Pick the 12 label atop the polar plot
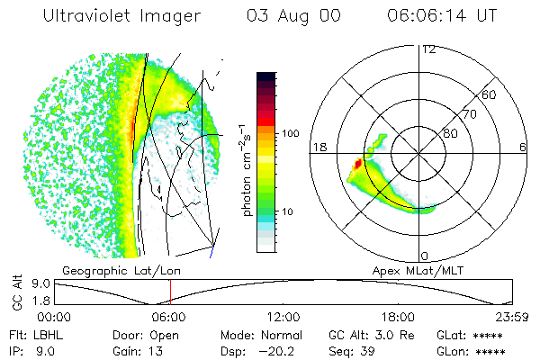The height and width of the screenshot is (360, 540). coord(429,49)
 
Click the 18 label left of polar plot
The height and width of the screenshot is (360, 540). coord(317,147)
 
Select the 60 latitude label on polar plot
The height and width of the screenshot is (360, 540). coord(490,94)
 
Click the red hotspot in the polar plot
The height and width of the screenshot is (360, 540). coord(357,164)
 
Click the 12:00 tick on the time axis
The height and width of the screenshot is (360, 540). coord(284,317)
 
